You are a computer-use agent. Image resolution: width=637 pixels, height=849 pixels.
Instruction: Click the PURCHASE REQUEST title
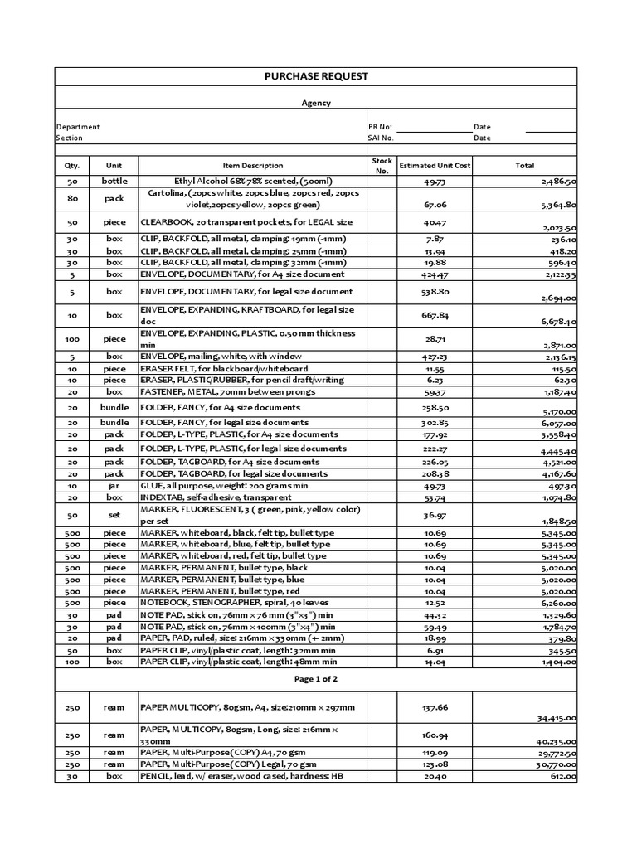[x=315, y=76]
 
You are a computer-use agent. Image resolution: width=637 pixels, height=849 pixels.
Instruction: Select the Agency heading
[x=315, y=104]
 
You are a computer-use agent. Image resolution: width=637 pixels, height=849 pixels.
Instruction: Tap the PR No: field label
[x=379, y=127]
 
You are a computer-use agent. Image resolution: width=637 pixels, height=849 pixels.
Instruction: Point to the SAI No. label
[x=381, y=138]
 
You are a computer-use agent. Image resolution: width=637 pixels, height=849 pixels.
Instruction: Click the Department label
[x=78, y=127]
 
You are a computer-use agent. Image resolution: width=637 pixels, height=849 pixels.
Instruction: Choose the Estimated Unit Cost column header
[x=435, y=166]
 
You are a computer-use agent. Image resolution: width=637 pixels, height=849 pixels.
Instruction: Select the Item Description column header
[x=252, y=166]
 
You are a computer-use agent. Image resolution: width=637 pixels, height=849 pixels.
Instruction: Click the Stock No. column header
[x=382, y=166]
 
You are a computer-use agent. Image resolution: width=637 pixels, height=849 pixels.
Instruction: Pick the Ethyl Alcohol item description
[x=252, y=180]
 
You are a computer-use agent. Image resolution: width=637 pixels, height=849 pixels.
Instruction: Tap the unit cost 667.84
[x=435, y=315]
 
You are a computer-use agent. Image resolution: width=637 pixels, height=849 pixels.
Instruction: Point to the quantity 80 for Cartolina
[x=71, y=199]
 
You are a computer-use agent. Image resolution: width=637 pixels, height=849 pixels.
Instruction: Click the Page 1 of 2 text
[x=315, y=678]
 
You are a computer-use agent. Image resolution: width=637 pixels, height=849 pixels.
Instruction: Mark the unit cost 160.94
[x=435, y=735]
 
